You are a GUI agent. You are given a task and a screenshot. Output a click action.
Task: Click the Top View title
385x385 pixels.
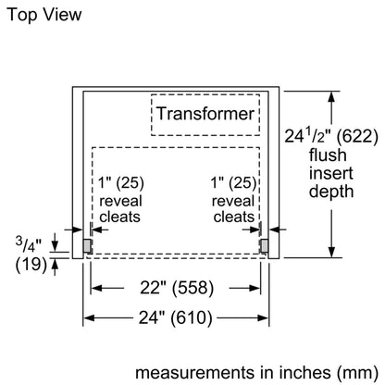click(x=44, y=15)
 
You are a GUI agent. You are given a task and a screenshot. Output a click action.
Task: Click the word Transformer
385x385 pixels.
click(x=205, y=113)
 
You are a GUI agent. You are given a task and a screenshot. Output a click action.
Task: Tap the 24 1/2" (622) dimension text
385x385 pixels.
click(x=331, y=136)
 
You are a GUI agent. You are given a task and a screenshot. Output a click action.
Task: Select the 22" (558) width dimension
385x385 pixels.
click(x=177, y=288)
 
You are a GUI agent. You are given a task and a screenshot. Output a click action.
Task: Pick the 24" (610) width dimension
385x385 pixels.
click(x=176, y=317)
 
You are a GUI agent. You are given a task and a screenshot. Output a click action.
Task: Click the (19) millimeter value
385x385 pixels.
click(x=31, y=264)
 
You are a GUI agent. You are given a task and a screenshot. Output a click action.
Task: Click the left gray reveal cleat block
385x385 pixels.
click(x=87, y=245)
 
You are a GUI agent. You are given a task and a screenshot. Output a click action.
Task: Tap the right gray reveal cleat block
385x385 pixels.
click(x=264, y=245)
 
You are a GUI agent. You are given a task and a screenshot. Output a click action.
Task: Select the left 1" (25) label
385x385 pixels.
click(x=121, y=182)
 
